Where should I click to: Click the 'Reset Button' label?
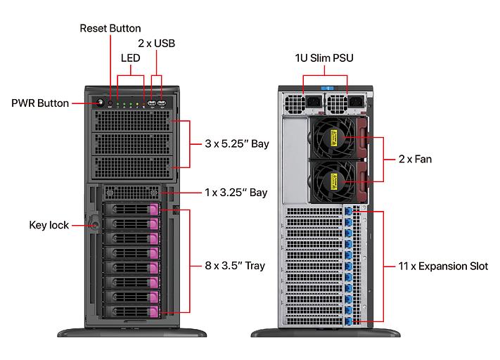[x=110, y=28]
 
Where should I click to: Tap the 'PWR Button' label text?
[x=40, y=103]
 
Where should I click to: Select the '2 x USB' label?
[x=156, y=43]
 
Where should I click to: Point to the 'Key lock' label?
[x=49, y=225]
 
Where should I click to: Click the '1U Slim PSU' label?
[x=324, y=57]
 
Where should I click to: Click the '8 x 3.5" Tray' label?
[x=235, y=266]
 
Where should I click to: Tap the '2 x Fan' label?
[x=415, y=159]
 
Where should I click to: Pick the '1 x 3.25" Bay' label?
[x=236, y=192]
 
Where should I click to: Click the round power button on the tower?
[x=98, y=103]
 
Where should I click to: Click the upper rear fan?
[x=333, y=139]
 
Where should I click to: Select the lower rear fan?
[x=333, y=182]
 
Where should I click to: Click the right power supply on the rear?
[x=349, y=103]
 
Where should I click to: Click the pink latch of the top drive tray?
[x=155, y=209]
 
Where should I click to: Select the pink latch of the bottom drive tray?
[x=155, y=312]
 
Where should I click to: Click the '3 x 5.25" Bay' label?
[x=237, y=143]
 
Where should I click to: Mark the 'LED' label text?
[x=131, y=58]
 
